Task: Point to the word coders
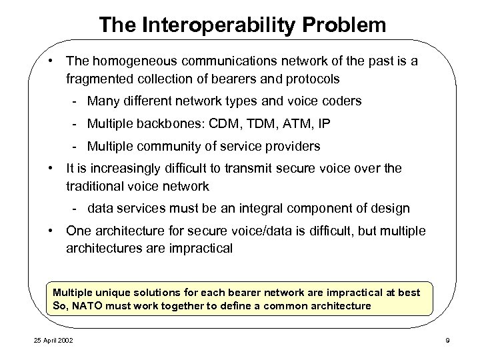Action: click(343, 102)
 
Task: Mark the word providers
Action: click(291, 145)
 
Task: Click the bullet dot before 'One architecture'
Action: click(51, 231)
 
